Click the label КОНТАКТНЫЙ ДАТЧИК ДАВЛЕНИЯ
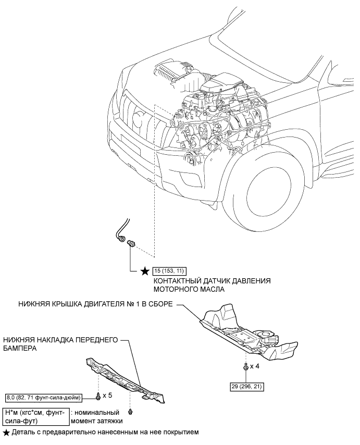click(212, 281)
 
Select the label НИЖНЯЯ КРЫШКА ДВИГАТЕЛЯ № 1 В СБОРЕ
click(95, 304)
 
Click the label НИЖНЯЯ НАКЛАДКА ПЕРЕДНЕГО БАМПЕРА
click(60, 344)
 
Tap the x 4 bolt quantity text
click(254, 366)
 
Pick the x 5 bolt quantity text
click(107, 395)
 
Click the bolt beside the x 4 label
click(245, 367)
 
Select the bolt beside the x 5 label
click(98, 396)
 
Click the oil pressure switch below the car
click(132, 243)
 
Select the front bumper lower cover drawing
click(125, 380)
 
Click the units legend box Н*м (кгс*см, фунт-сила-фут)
click(35, 416)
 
